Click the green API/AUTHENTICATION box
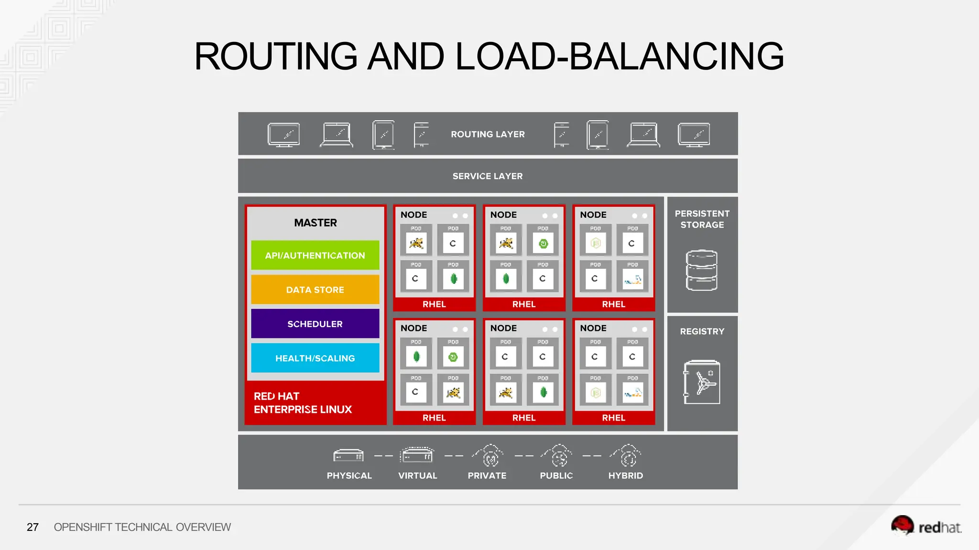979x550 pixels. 315,255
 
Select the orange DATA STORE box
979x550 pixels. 315,290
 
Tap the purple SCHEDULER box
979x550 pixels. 315,324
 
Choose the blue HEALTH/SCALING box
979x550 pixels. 315,358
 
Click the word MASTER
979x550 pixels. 315,223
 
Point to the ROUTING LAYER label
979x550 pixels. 488,134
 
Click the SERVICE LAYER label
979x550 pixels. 488,176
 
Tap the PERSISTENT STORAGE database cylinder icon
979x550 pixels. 701,270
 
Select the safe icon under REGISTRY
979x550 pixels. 702,382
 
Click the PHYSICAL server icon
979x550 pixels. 348,456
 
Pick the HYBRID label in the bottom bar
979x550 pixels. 625,476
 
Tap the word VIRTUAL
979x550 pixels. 417,476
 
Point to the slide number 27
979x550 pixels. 33,527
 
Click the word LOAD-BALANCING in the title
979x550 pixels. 620,56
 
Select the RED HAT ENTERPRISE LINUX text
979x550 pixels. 302,403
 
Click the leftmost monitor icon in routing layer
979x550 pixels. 283,135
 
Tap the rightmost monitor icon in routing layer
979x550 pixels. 694,135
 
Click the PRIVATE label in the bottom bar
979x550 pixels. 487,476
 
